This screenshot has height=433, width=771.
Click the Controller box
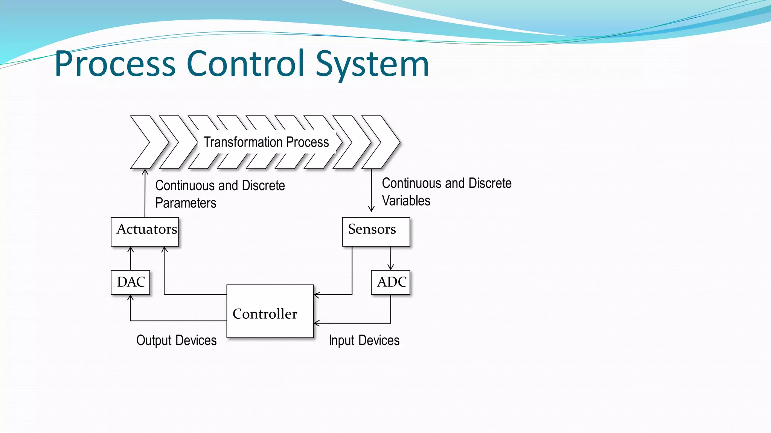(270, 311)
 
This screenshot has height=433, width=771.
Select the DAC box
(130, 282)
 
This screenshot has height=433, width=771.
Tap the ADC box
(390, 282)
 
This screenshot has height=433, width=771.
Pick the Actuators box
(145, 232)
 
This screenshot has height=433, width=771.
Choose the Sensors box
(376, 232)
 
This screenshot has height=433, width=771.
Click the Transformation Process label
(266, 142)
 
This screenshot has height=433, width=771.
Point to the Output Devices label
(176, 340)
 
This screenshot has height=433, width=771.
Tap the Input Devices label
(364, 340)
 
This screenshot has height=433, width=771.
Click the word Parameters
(186, 203)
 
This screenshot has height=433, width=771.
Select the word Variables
(406, 201)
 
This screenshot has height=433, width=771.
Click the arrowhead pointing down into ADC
(391, 267)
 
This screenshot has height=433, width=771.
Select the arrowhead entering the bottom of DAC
(130, 298)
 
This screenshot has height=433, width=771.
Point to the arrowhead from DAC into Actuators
(131, 249)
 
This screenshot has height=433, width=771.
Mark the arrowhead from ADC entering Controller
(317, 323)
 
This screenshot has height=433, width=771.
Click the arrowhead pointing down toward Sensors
(371, 209)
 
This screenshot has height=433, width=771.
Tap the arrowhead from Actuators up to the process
(145, 172)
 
